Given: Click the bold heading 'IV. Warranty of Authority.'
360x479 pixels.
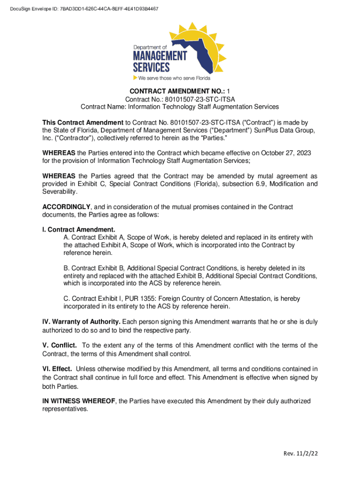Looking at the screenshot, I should [81, 322].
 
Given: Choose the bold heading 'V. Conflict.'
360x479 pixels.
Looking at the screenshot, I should [60, 345].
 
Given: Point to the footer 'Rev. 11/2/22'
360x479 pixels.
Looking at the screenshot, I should [300, 454].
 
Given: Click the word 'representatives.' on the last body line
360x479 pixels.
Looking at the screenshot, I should [65, 409].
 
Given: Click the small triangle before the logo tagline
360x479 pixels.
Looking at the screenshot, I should [135, 78].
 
